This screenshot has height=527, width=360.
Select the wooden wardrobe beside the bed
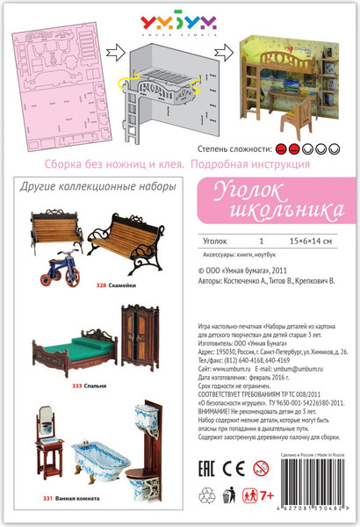[x=140, y=322]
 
